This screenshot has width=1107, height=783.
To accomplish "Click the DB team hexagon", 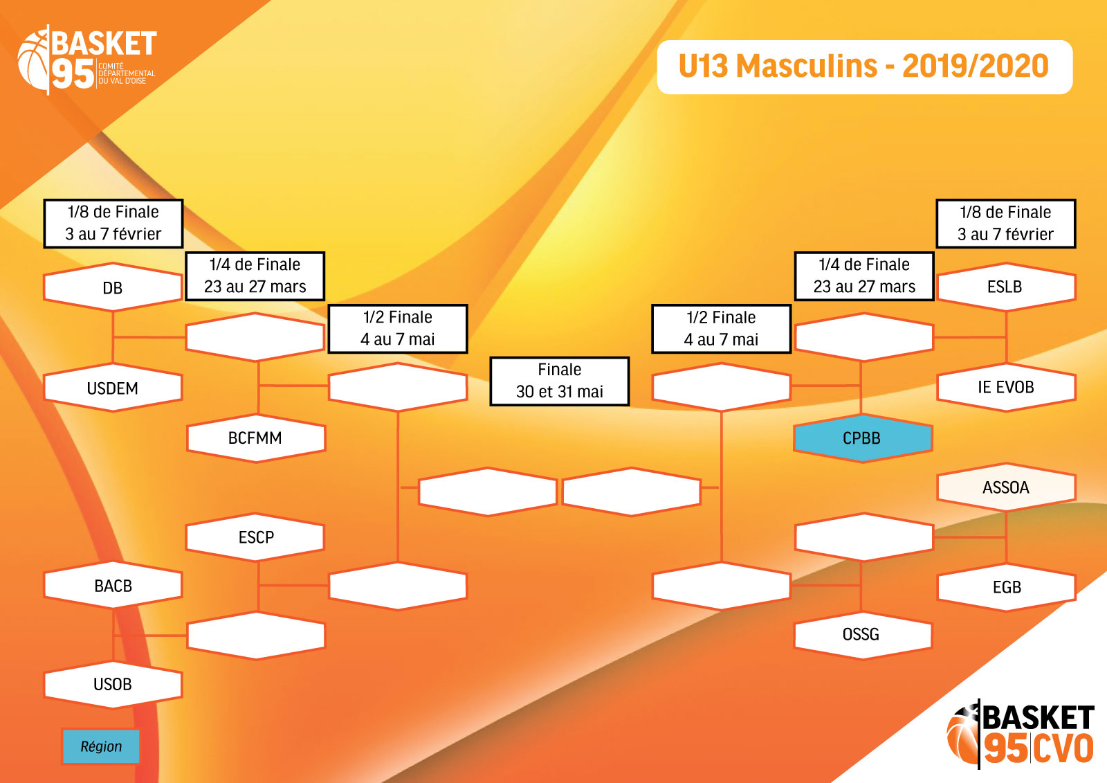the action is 113,287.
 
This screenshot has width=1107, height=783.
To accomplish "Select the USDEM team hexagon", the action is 113,388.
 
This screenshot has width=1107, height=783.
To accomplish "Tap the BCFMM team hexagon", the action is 256,438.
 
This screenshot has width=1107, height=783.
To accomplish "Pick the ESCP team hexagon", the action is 255,537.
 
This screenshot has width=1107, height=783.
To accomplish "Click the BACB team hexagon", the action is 113,585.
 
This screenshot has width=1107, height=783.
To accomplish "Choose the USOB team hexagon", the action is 113,684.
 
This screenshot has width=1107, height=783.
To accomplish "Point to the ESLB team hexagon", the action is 1006,287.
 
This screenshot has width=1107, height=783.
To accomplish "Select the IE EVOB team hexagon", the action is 1006,387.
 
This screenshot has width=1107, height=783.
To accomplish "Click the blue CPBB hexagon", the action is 863,438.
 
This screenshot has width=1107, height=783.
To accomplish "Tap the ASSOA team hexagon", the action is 1006,487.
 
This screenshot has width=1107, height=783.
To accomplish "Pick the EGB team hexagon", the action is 1006,586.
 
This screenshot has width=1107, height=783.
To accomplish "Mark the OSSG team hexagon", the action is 863,635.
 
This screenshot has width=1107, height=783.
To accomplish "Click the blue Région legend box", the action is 101,746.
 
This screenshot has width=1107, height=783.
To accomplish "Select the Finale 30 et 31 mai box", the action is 560,381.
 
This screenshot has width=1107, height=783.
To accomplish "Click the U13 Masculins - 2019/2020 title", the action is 864,66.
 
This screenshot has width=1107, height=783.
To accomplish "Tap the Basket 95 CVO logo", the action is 1020,734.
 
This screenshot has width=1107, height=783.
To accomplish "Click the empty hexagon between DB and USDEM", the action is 255,337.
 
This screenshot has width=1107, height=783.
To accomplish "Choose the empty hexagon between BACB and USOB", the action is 256,636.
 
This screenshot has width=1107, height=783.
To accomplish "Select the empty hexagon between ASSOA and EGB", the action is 864,537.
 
